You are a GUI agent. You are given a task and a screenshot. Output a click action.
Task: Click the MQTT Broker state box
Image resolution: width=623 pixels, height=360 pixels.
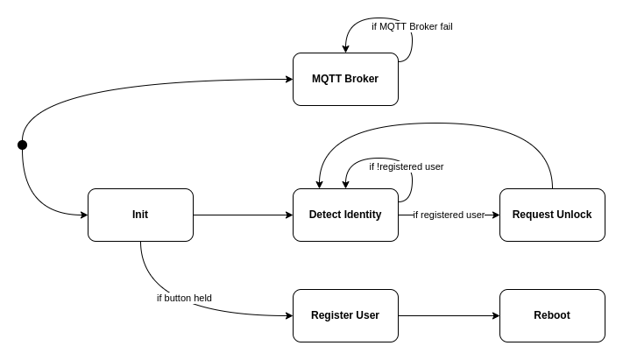(345, 79)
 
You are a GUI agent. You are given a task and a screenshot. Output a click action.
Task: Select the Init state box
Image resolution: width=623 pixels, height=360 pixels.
(140, 215)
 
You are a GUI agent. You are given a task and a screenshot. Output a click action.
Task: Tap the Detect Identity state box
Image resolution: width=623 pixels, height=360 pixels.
(345, 215)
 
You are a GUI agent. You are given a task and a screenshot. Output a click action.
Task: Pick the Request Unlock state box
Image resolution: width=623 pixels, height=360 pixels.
(552, 215)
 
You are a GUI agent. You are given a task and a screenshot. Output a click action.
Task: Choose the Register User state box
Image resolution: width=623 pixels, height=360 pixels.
(345, 315)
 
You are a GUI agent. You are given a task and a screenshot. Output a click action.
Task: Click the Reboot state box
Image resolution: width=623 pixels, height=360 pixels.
(552, 315)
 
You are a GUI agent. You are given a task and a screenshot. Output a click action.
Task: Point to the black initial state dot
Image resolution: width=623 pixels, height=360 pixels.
(22, 145)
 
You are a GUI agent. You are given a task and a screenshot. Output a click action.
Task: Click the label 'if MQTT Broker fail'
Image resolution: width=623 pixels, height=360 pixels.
(412, 26)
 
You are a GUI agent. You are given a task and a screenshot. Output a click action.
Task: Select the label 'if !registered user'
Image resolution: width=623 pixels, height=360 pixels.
(406, 166)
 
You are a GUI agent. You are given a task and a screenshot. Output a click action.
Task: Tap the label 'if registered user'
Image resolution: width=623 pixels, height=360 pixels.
(449, 215)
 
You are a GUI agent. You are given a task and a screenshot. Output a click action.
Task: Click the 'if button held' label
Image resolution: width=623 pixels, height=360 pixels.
(184, 298)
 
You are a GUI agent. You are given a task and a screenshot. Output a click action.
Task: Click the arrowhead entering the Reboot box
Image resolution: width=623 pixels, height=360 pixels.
(495, 315)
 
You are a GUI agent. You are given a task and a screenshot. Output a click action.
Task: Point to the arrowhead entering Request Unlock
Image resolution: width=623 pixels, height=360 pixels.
(495, 215)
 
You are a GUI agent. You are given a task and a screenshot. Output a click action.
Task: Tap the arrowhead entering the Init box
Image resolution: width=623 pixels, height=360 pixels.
(83, 215)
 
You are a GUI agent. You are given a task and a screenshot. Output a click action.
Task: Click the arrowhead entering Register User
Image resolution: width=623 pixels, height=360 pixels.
(288, 315)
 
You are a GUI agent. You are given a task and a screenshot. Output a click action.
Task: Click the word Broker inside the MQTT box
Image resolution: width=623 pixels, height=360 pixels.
(361, 79)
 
